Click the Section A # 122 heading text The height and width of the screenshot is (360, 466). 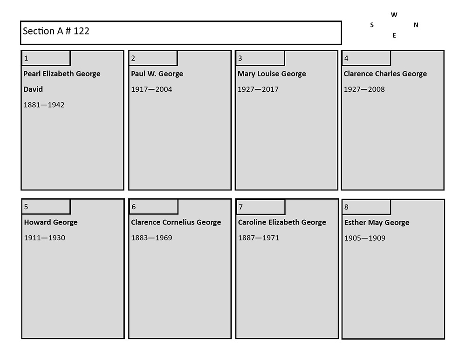(56, 31)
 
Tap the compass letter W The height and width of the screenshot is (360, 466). (394, 15)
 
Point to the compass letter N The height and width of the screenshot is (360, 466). (416, 25)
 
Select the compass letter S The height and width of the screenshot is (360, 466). (372, 25)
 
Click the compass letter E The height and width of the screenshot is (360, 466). (394, 35)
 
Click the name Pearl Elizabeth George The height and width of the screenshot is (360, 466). (62, 74)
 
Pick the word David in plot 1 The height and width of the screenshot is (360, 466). (33, 89)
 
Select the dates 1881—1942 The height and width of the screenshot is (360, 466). (44, 105)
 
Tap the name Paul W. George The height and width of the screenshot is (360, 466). (157, 74)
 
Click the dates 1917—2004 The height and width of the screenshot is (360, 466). (151, 89)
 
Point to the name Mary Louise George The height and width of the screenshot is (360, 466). (272, 74)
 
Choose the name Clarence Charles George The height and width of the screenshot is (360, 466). (385, 74)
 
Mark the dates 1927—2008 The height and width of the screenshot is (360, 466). (364, 89)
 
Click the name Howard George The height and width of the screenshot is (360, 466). (51, 222)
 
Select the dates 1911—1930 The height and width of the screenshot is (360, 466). (45, 238)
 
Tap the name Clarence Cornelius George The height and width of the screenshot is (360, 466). (176, 222)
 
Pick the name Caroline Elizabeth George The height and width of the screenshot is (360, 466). (282, 222)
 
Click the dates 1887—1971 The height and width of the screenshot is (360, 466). (259, 238)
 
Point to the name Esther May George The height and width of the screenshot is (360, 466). (377, 223)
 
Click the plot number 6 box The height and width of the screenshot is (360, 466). (154, 207)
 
